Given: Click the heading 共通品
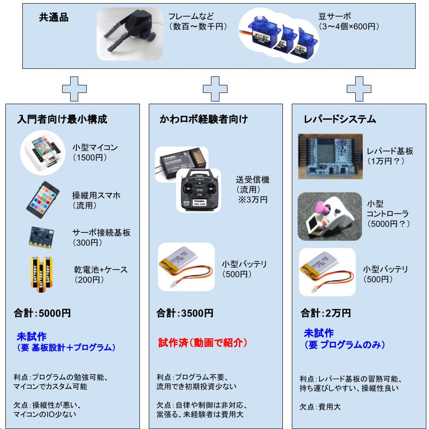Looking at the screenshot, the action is pos(54,17).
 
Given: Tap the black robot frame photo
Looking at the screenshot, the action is pos(130,34).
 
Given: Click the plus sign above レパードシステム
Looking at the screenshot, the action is pos(359,89).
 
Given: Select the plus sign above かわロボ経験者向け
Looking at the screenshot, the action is pos(215,89).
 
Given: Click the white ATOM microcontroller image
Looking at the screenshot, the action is pos(42,153).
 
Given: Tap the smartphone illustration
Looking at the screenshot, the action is pos(43,200).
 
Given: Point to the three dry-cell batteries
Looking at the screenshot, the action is pos(41,274).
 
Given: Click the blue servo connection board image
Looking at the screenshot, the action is pos(41,237).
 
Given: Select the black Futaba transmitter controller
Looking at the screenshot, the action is pos(198,190).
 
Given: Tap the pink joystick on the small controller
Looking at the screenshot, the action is pos(322,210).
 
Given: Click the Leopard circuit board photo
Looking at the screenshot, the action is pos(330,156).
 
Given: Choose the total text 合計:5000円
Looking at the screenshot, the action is pos(42,313).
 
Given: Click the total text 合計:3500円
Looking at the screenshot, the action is pos(185,313).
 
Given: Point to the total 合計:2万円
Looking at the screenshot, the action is pos(326,313).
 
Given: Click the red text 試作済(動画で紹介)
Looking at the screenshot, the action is pos(203,343).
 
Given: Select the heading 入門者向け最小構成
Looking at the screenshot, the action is pos(62,119).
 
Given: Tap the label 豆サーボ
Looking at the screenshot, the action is pos(334,17).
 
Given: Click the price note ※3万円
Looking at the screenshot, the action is pos(252,199).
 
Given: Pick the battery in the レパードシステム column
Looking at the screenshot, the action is pos(327,272).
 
